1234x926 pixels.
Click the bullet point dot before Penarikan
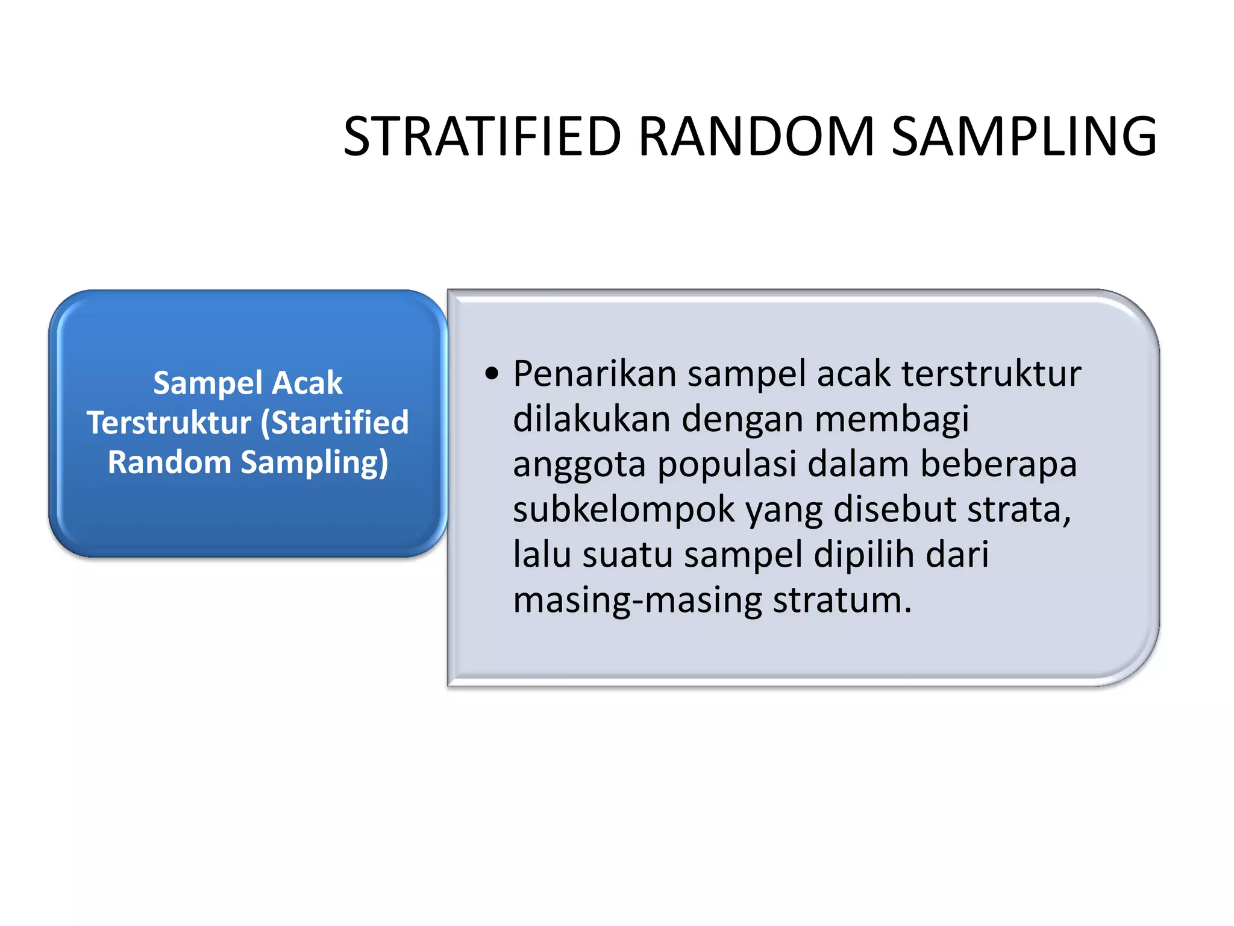(x=492, y=374)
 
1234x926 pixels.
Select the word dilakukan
(x=592, y=419)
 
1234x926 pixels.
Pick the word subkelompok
(x=624, y=509)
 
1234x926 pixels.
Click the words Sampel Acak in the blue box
(x=248, y=383)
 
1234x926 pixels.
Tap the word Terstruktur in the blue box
(x=169, y=422)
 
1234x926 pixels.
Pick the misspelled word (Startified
(x=335, y=422)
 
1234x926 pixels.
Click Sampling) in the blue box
(x=315, y=462)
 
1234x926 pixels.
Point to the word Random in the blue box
(x=169, y=462)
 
